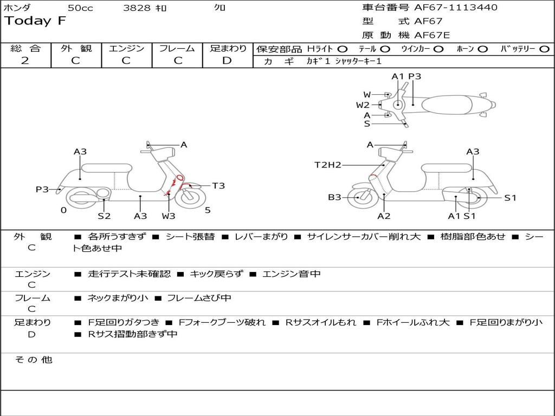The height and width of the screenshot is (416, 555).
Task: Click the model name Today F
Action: [x=35, y=21]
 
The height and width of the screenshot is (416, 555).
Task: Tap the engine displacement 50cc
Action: [x=80, y=8]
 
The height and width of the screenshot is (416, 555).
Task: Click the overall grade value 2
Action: [x=25, y=61]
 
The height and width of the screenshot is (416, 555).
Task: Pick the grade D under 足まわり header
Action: [x=227, y=61]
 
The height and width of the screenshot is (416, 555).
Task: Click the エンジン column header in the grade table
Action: [x=126, y=48]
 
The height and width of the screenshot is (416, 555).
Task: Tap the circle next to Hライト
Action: [x=343, y=49]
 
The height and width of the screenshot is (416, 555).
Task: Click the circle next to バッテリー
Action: [x=544, y=49]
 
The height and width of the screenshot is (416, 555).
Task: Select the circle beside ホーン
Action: [x=482, y=49]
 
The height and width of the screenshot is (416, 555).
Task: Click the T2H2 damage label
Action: [x=328, y=165]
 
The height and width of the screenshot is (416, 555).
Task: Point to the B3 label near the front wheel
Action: [x=334, y=197]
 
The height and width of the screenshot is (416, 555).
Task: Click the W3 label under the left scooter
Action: [x=169, y=216]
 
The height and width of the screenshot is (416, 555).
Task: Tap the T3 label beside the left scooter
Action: [x=218, y=186]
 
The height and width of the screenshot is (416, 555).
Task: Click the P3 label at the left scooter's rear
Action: [x=42, y=190]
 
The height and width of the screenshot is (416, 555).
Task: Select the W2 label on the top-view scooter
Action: [x=363, y=105]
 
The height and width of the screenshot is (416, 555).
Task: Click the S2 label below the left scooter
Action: [x=104, y=216]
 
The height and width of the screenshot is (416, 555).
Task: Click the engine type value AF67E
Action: [x=432, y=35]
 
